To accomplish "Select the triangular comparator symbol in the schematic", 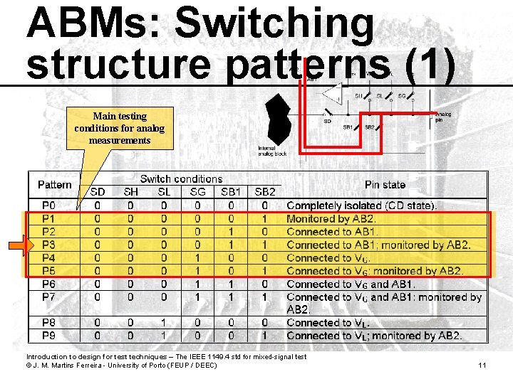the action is coord(331,93).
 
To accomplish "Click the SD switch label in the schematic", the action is coord(327,121).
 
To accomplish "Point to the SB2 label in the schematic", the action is coord(369,127).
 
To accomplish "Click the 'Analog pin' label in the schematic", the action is coord(442,117).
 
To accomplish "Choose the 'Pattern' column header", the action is coord(55,185).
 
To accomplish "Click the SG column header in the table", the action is coord(197,192).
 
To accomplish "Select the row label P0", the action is coord(48,206).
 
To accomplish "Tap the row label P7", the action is coord(48,297).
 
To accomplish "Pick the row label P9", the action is coord(48,335).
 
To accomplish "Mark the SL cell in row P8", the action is coord(164,323).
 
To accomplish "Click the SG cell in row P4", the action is coord(197,257).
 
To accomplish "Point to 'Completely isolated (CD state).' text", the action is coord(363,206).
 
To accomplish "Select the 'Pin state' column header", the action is coord(385,185).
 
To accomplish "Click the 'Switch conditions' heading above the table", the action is coord(181,179).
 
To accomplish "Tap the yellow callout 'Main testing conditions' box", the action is coord(120,128).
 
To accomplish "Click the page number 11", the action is coord(482,366).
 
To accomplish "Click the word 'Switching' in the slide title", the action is coord(274,23).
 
